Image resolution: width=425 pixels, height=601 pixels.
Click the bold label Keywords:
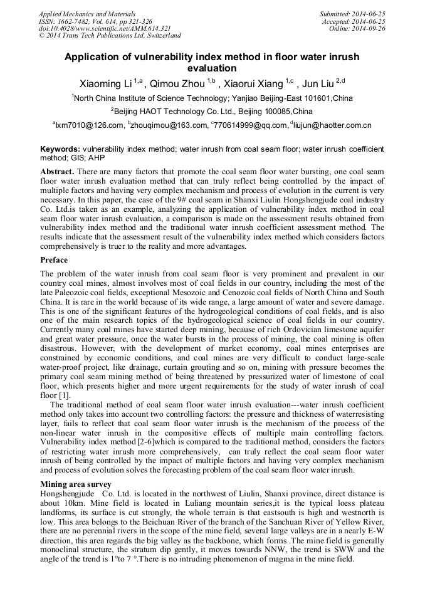pos(60,150)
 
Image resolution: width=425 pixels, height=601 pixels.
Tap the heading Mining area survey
pos(76,484)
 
